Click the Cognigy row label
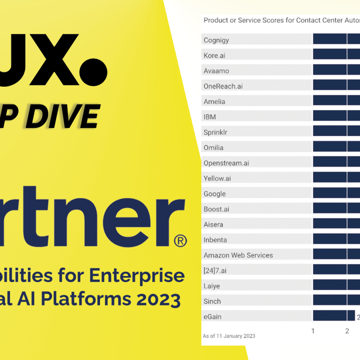pos(216,40)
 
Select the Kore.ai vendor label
pos(214,56)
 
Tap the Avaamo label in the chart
pos(216,71)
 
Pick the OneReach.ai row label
pos(223,86)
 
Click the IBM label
pos(210,117)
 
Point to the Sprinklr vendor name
pos(215,132)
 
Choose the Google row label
pos(214,194)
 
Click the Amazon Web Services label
pos(238,255)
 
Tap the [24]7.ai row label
pos(214,270)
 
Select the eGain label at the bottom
pos(212,316)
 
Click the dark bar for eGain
pos(334,316)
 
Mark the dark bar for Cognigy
pos(336,39)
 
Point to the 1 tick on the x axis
pos(313,331)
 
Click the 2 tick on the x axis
pos(347,331)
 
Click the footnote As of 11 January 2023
pos(229,336)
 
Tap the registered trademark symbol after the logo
pos(180,240)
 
